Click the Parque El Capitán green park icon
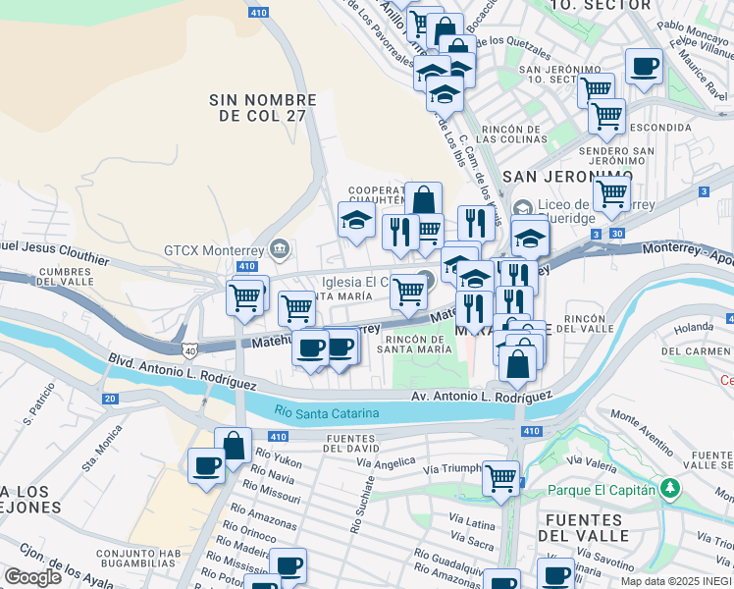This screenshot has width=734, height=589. pos(670,487)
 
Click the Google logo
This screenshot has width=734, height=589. pos(32,577)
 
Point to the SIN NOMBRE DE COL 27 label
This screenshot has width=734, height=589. pos(263,108)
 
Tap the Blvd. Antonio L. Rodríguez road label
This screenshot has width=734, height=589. pos(183,374)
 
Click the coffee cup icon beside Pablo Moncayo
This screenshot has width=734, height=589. pos(644,67)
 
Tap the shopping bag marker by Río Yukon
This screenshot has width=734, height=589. pos(234,446)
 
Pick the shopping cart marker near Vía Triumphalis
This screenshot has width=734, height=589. pos(501,478)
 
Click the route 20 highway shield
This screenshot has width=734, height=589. pos(110,399)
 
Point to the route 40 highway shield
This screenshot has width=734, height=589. pos(188,348)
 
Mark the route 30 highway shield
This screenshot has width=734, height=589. pos(614,234)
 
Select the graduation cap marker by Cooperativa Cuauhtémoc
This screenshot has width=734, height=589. pos(356,220)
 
